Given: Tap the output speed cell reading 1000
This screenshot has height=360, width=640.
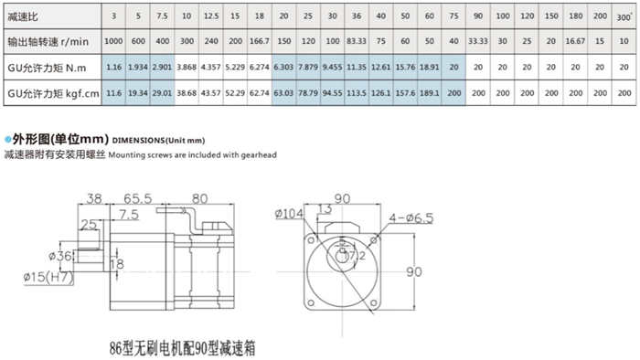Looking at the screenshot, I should point(113,42).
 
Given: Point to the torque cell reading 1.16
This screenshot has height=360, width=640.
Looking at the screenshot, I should point(113,68).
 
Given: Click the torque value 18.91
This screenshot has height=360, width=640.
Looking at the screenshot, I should point(430,68).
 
